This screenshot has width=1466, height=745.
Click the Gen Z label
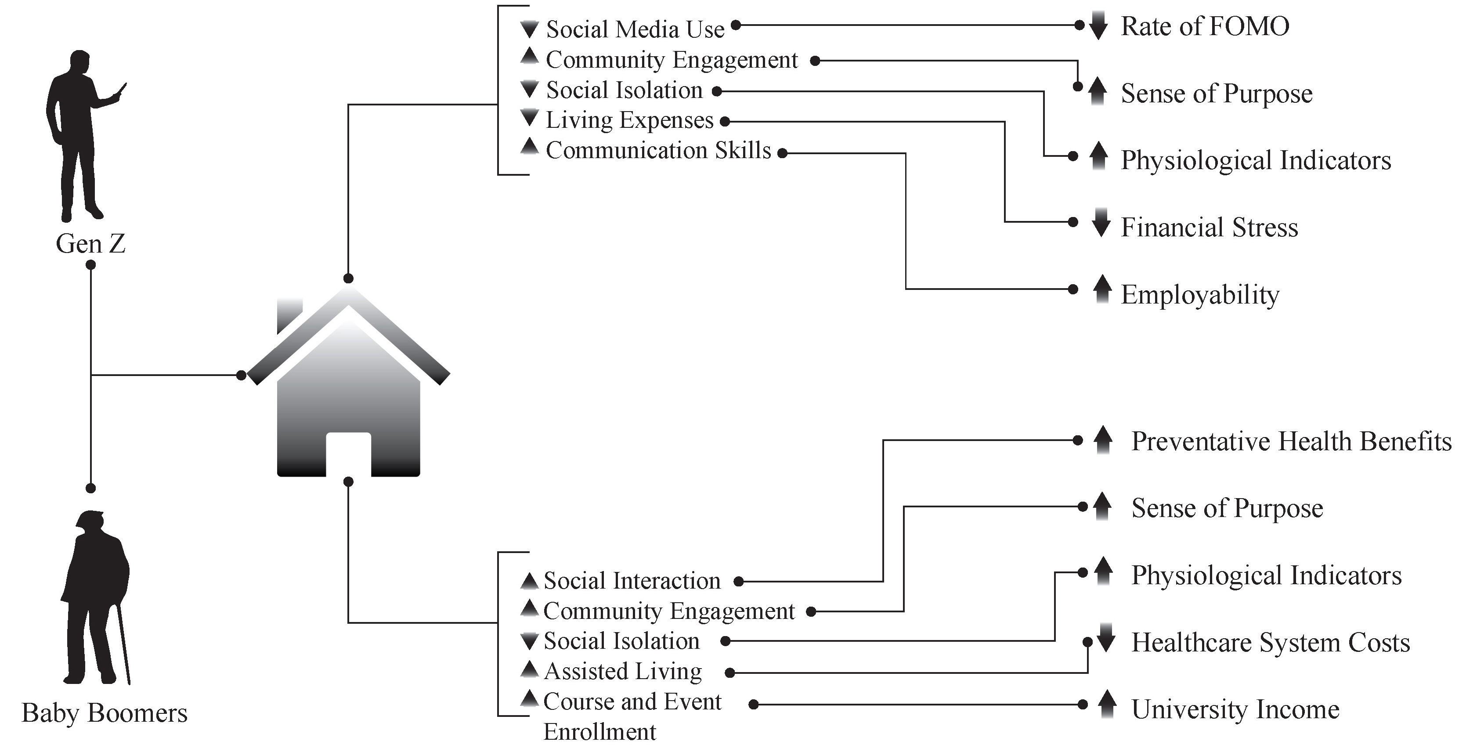pyautogui.click(x=90, y=244)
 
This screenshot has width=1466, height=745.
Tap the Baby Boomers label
pyautogui.click(x=105, y=712)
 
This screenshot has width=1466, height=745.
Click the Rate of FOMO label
pyautogui.click(x=1205, y=26)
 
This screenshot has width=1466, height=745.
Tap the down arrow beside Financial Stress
pyautogui.click(x=1101, y=223)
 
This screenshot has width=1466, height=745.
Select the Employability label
pyautogui.click(x=1200, y=295)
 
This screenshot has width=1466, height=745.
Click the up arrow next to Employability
pyautogui.click(x=1102, y=289)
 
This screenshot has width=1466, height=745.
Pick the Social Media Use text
pyautogui.click(x=635, y=29)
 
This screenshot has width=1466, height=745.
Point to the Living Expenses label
pyautogui.click(x=629, y=120)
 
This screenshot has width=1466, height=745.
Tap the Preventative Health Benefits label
pyautogui.click(x=1291, y=441)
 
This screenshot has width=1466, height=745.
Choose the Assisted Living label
pyautogui.click(x=623, y=672)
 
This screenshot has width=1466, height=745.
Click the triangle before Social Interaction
pyautogui.click(x=529, y=581)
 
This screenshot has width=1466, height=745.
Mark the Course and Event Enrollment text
pyautogui.click(x=632, y=716)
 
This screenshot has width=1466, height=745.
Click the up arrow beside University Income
pyautogui.click(x=1106, y=704)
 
